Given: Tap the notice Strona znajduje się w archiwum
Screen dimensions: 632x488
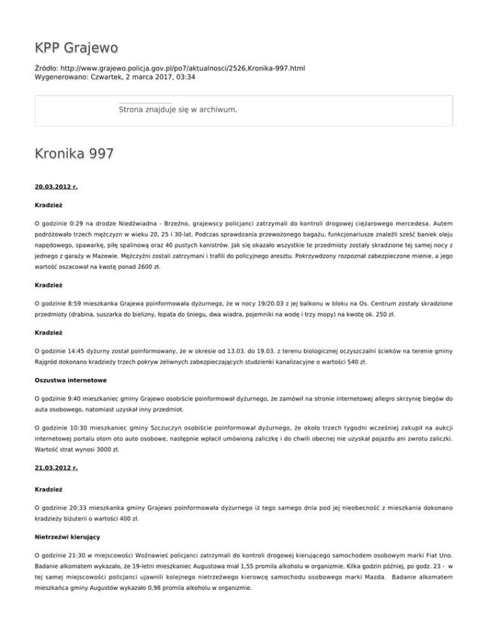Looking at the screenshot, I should (x=178, y=110).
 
